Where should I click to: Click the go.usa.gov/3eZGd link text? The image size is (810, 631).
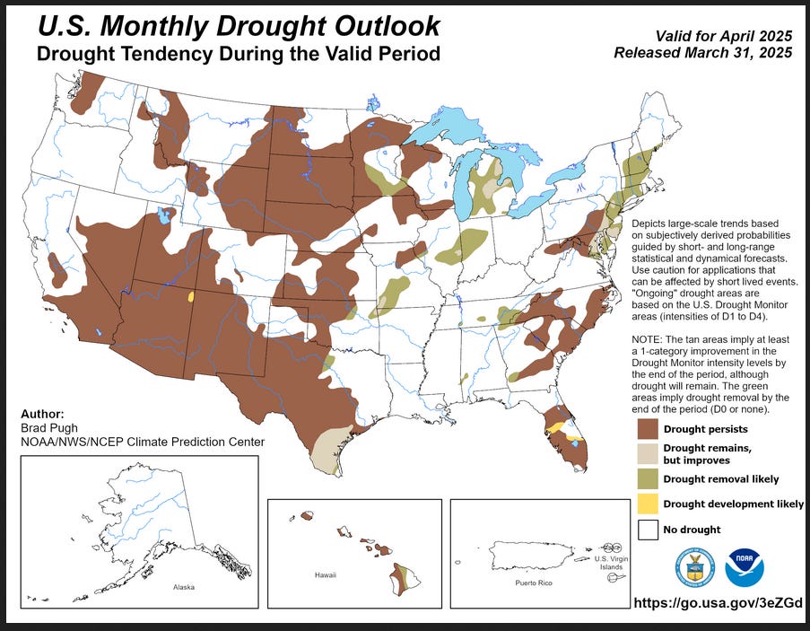[717, 603]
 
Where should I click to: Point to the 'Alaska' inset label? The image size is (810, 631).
[183, 588]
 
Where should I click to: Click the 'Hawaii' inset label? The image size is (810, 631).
[325, 574]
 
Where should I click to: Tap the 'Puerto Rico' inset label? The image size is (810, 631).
[533, 583]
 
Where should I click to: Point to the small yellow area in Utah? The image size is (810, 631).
[191, 295]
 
